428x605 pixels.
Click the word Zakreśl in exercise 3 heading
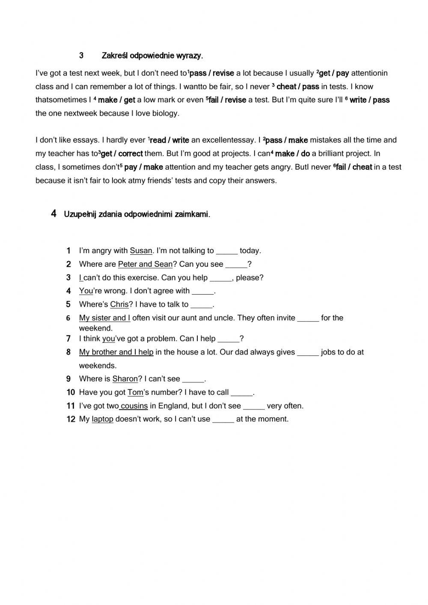pyautogui.click(x=115, y=56)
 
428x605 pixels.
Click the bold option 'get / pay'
pyautogui.click(x=334, y=73)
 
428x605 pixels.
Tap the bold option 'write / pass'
pyautogui.click(x=369, y=100)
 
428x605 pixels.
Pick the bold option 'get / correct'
pyautogui.click(x=122, y=154)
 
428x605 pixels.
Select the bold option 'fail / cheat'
pyautogui.click(x=354, y=167)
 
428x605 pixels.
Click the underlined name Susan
pyautogui.click(x=141, y=251)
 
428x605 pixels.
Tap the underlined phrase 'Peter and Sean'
pyautogui.click(x=145, y=264)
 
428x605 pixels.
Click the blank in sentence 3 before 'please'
pyautogui.click(x=221, y=278)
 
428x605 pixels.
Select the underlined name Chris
pyautogui.click(x=119, y=304)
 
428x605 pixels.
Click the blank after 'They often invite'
pyautogui.click(x=308, y=318)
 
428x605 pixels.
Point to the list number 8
pyautogui.click(x=68, y=352)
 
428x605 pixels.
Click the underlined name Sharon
pyautogui.click(x=125, y=379)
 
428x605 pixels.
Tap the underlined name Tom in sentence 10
pyautogui.click(x=135, y=392)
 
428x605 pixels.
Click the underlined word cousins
pyautogui.click(x=134, y=406)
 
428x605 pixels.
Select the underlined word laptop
pyautogui.click(x=102, y=419)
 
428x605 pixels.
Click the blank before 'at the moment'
pyautogui.click(x=223, y=419)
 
